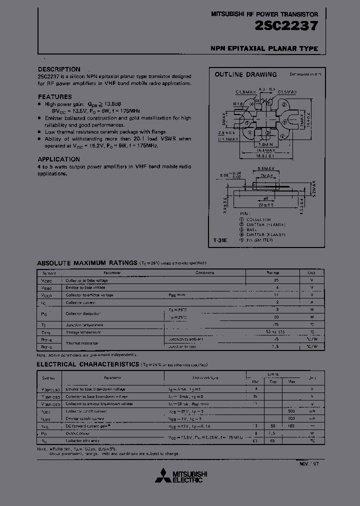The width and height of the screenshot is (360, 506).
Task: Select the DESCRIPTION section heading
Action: coord(59,69)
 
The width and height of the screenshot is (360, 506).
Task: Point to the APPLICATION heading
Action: coord(59,159)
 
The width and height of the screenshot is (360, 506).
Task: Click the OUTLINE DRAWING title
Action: coord(245,74)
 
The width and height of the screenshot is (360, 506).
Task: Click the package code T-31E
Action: coord(220,240)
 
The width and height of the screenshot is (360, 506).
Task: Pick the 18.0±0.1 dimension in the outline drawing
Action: coord(263,155)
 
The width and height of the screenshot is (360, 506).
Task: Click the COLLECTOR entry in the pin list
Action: coord(258,219)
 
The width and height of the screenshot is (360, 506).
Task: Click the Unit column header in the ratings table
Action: coord(311,273)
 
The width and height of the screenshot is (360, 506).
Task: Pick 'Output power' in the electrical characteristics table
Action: coord(78,433)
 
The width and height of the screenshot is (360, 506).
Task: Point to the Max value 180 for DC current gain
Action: coord(291,426)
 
